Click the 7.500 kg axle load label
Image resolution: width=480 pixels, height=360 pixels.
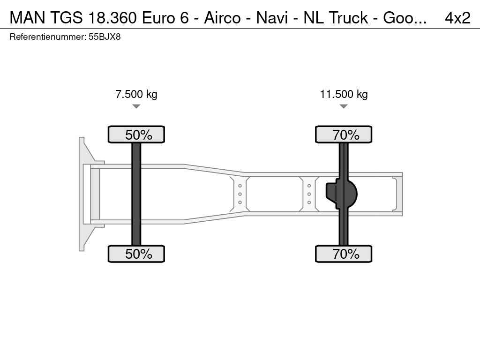[136, 94]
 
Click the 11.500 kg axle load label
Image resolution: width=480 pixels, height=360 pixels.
[344, 94]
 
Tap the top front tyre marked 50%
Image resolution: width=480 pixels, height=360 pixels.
[136, 135]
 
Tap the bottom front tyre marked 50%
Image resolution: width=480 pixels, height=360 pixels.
[136, 254]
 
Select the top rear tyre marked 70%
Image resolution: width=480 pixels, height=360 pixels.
[344, 135]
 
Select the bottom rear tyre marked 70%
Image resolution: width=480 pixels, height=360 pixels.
[344, 254]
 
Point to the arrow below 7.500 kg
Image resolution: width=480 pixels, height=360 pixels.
[136, 106]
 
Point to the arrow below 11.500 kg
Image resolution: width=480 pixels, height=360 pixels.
[344, 106]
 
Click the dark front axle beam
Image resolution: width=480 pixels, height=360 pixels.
[136, 194]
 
